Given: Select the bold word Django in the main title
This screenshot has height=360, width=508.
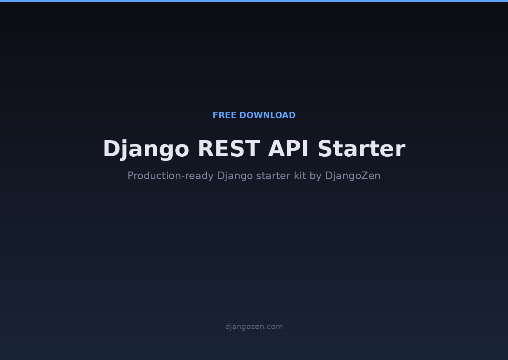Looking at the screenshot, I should click(x=146, y=150).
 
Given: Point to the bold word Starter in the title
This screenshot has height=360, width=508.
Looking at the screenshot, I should click(x=361, y=150).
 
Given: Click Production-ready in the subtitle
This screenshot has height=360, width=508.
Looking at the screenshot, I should click(x=171, y=176).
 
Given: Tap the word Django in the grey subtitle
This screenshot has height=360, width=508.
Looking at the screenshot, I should click(x=235, y=176).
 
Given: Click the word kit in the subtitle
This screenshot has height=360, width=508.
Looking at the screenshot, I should click(x=300, y=176).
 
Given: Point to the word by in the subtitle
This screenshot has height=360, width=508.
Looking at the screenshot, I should click(x=316, y=176).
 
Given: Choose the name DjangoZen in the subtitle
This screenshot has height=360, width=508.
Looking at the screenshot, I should click(x=353, y=176).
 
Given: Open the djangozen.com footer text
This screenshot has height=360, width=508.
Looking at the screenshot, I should click(x=254, y=327).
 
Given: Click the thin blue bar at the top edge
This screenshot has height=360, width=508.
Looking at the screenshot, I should click(x=254, y=1).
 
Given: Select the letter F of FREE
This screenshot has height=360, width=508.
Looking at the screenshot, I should click(x=215, y=116).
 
